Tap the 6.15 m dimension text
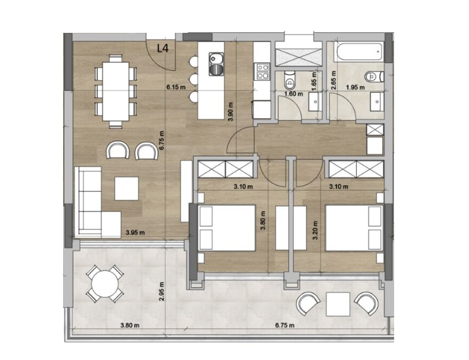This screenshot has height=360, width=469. pyautogui.click(x=176, y=87)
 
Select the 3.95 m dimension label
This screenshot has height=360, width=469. pyautogui.click(x=134, y=232)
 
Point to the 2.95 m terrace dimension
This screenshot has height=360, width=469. pyautogui.click(x=162, y=289)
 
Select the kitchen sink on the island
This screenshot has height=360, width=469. pyautogui.click(x=215, y=64)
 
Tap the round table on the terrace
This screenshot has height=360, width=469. pyautogui.click(x=104, y=284)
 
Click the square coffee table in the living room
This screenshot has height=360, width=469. pyautogui.click(x=127, y=189)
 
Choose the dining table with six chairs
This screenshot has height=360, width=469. pyautogui.click(x=116, y=90)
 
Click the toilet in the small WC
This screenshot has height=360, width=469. pyautogui.click(x=290, y=82)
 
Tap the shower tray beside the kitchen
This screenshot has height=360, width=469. pyautogui.click(x=296, y=56)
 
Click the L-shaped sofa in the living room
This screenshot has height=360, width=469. pyautogui.click(x=92, y=204)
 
